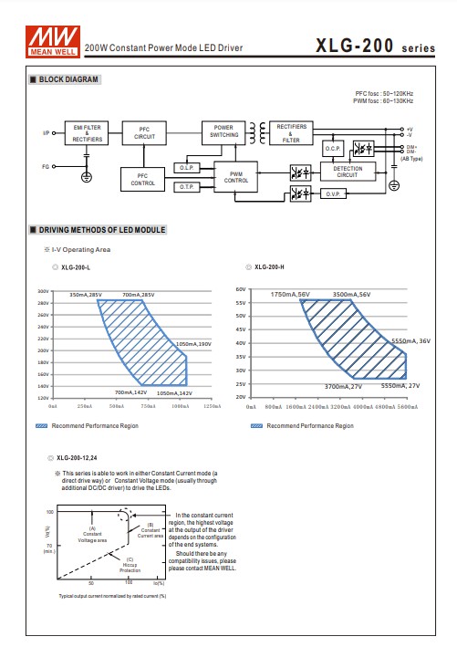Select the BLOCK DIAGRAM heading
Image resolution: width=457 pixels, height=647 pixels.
pyautogui.click(x=68, y=80)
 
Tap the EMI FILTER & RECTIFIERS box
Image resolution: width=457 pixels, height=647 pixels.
pyautogui.click(x=87, y=133)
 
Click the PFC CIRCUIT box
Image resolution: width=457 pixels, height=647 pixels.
pyautogui.click(x=143, y=133)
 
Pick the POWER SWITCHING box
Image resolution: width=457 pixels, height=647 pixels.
pyautogui.click(x=223, y=130)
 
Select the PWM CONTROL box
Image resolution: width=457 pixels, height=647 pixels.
pyautogui.click(x=236, y=176)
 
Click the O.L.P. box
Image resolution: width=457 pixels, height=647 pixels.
pyautogui.click(x=186, y=168)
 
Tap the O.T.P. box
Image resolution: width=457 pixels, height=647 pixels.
pyautogui.click(x=186, y=186)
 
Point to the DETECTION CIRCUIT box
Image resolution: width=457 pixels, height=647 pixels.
pyautogui.click(x=346, y=171)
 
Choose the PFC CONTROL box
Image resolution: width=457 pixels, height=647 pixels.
pyautogui.click(x=143, y=178)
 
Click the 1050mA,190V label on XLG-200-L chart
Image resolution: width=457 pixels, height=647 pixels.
pyautogui.click(x=192, y=344)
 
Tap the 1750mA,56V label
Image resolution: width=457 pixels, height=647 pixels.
pyautogui.click(x=289, y=295)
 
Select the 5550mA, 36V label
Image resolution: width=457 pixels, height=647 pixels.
pyautogui.click(x=410, y=340)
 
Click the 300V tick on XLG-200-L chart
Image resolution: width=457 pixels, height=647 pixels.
pyautogui.click(x=41, y=290)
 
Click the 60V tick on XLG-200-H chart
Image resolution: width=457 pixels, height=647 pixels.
pyautogui.click(x=242, y=288)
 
